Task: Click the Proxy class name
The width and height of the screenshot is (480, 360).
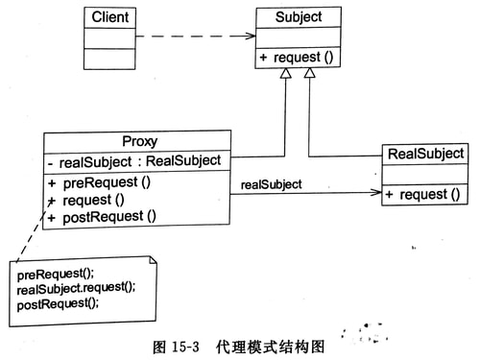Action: point(135,141)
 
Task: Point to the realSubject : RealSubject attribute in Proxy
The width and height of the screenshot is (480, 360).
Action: point(139,160)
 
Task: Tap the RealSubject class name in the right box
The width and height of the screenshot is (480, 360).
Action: point(425,154)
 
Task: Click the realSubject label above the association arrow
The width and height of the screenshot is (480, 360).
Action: point(272,183)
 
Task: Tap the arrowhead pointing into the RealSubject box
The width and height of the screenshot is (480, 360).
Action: point(376,193)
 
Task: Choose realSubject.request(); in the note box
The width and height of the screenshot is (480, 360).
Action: point(76,289)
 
